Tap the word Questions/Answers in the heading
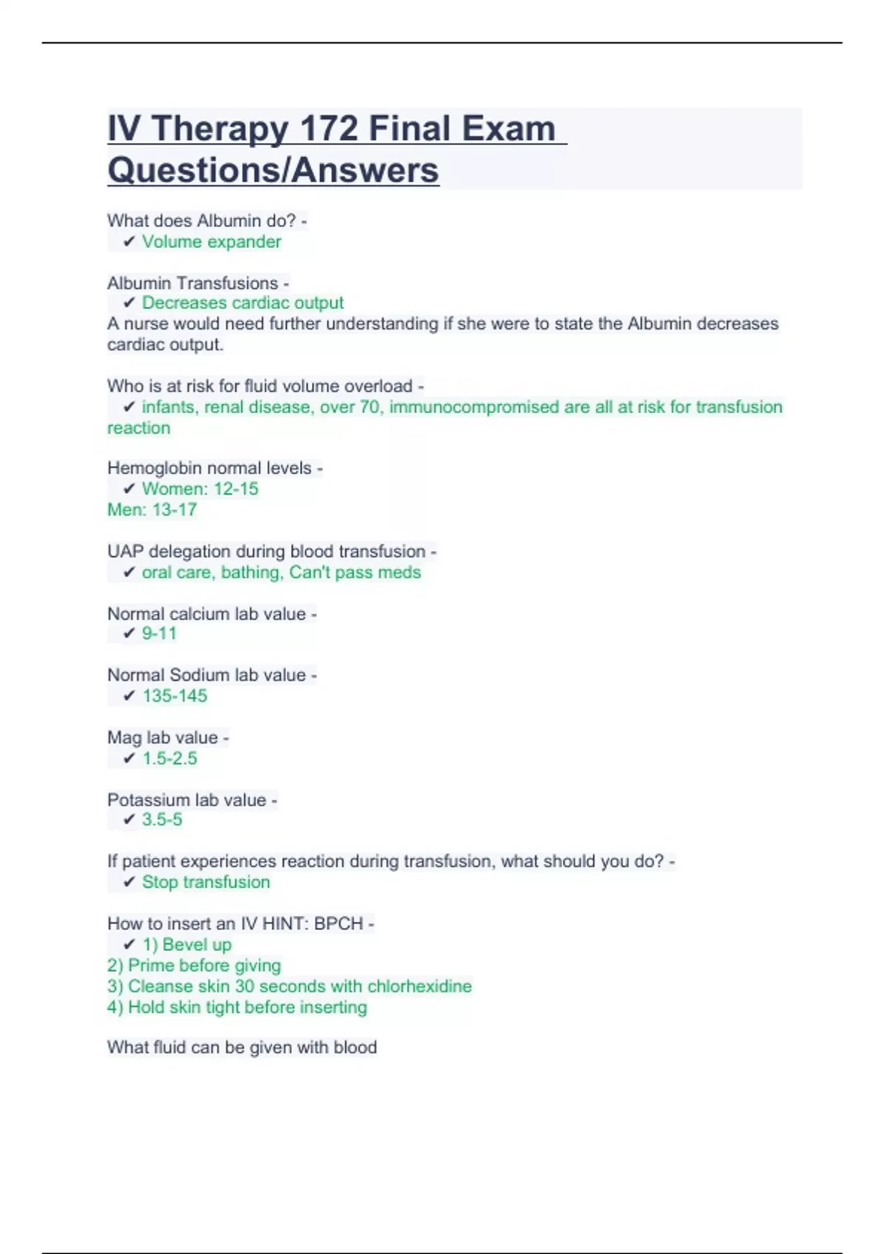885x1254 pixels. point(273,170)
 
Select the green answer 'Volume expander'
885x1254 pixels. point(212,242)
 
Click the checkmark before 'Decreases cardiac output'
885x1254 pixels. point(129,303)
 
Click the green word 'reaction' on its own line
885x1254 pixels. point(139,428)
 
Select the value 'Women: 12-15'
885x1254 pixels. point(200,489)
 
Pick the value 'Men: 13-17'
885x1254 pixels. point(152,510)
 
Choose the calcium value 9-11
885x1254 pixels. point(159,634)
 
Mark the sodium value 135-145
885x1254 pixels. point(175,696)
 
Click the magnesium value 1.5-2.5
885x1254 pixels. point(170,758)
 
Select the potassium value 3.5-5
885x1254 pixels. point(162,820)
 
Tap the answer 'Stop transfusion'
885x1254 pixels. point(206,882)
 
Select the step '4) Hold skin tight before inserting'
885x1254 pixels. point(237,1007)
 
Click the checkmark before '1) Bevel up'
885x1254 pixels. point(129,945)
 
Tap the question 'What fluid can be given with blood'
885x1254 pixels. point(242,1047)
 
